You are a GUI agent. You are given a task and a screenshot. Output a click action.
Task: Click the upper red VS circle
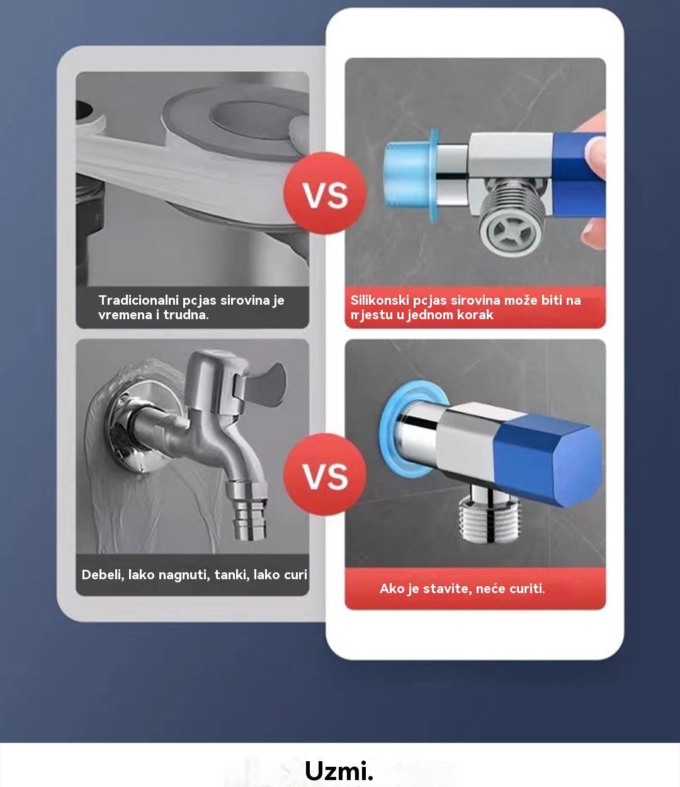click(325, 193)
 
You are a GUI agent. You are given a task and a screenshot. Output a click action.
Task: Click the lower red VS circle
click(325, 475)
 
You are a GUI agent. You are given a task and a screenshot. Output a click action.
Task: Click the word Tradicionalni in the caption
click(139, 300)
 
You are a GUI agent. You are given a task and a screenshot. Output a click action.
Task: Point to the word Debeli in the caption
click(103, 574)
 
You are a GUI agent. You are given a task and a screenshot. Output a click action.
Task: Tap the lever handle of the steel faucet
click(265, 384)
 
